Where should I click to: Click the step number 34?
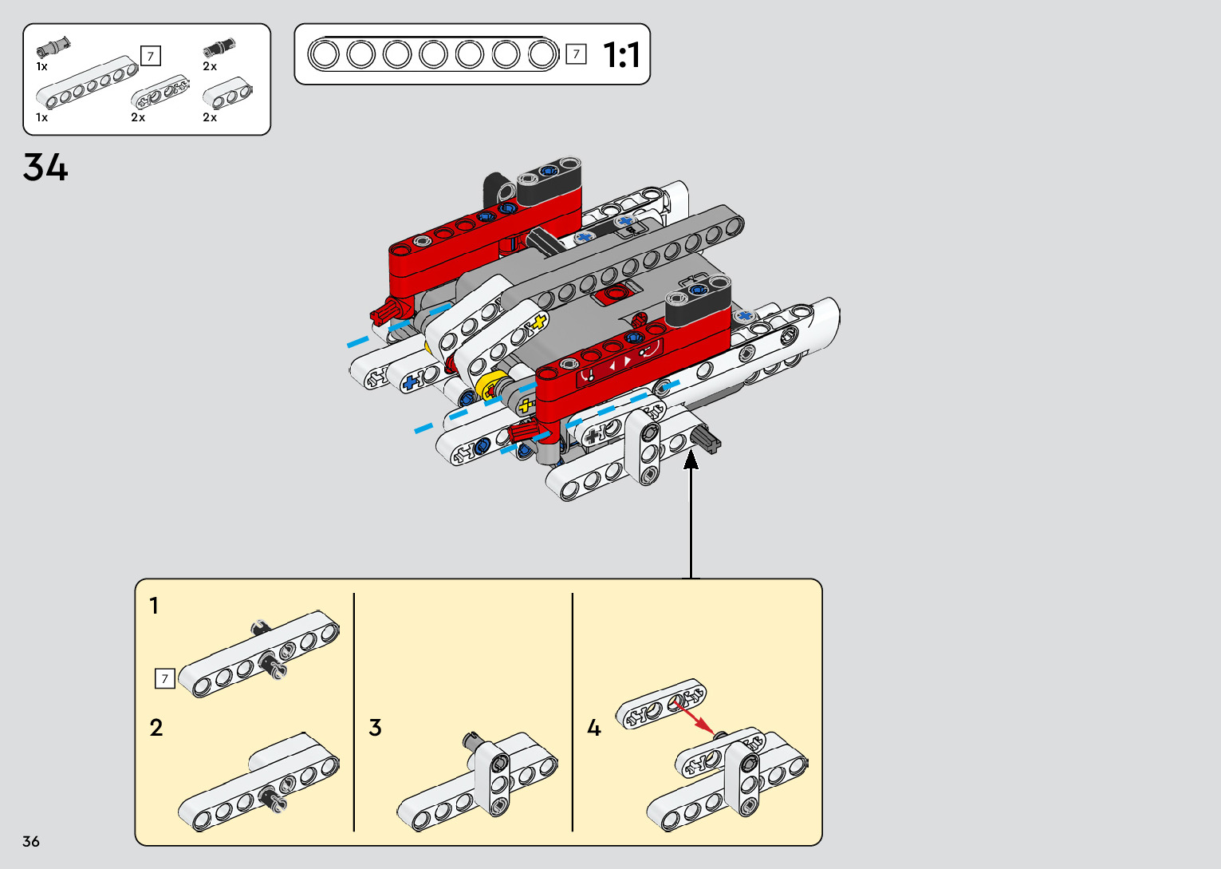pyautogui.click(x=45, y=168)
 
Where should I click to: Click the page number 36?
pyautogui.click(x=31, y=841)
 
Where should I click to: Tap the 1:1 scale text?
pyautogui.click(x=621, y=55)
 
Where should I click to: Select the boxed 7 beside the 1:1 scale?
pyautogui.click(x=576, y=54)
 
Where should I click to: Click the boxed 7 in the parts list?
pyautogui.click(x=150, y=56)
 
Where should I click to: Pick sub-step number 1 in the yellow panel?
pyautogui.click(x=154, y=606)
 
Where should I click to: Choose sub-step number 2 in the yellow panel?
pyautogui.click(x=156, y=728)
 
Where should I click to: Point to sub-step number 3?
pyautogui.click(x=375, y=728)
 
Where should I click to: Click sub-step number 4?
pyautogui.click(x=593, y=728)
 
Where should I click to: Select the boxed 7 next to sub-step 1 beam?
pyautogui.click(x=164, y=678)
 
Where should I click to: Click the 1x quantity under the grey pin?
pyautogui.click(x=41, y=67)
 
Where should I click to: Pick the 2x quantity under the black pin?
pyautogui.click(x=210, y=67)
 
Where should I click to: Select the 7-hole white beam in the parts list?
pyautogui.click(x=88, y=83)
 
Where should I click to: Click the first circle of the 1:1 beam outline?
pyautogui.click(x=324, y=55)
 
